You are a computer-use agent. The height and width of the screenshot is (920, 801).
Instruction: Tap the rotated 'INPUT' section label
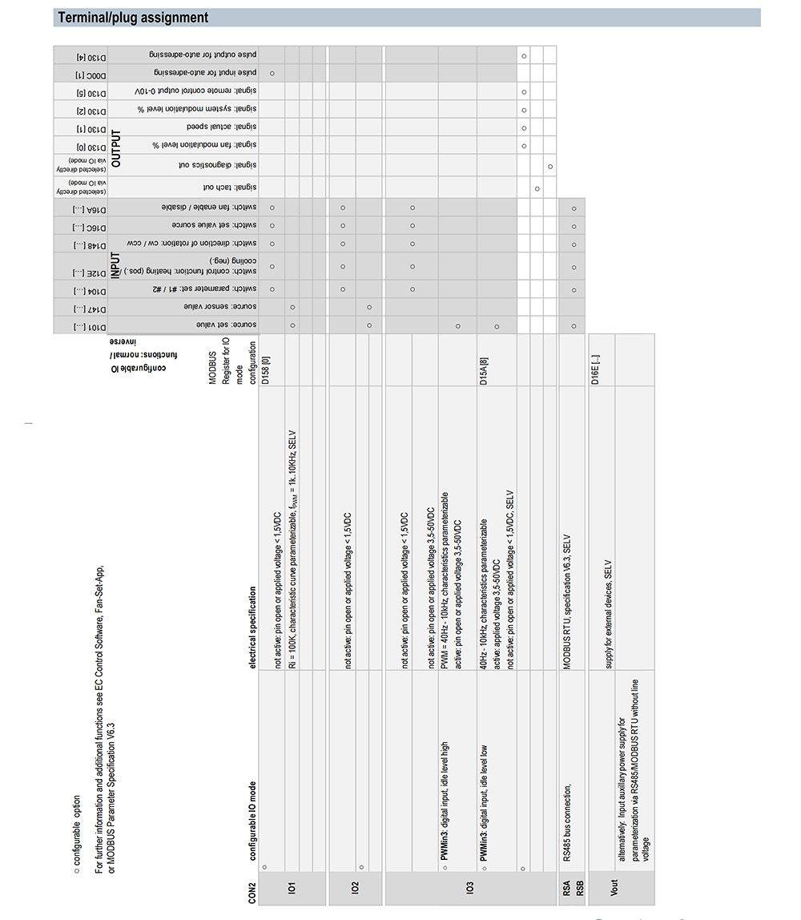coord(116,264)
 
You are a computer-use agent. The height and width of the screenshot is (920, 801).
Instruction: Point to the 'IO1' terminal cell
coord(292,888)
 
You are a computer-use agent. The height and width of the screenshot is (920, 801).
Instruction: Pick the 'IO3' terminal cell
coord(470,888)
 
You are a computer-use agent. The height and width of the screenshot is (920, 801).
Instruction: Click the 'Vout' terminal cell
coord(614,888)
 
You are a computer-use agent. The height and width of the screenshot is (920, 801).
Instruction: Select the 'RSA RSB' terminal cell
coord(574,888)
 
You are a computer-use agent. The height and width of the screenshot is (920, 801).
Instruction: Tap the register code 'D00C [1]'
coord(80,73)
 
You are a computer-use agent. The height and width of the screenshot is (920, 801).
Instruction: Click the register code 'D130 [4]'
coord(80,56)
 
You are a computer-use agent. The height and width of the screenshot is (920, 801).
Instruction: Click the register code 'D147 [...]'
coord(80,308)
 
